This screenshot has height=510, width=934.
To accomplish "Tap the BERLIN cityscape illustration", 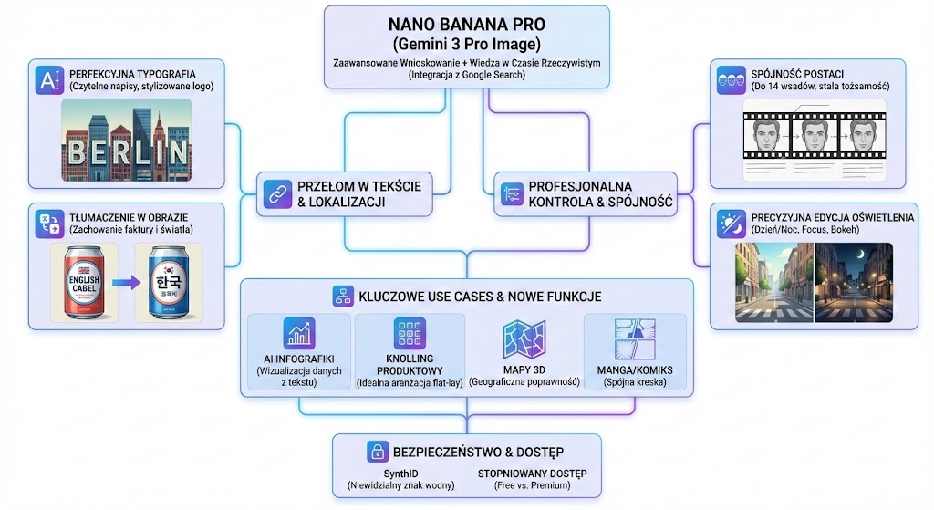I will [126, 137].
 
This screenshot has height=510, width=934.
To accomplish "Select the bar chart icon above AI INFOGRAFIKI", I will [297, 334].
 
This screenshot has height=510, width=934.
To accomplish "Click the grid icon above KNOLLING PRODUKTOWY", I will [409, 333].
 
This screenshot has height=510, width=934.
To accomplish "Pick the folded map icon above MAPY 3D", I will [524, 338].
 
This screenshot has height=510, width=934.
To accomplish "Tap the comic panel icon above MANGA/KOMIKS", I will [633, 337].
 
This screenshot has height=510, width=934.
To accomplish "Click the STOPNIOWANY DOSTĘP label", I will [532, 474].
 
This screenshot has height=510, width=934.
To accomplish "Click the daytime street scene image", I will [774, 282].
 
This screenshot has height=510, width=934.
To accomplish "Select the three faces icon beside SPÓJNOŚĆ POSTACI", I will [728, 77].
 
